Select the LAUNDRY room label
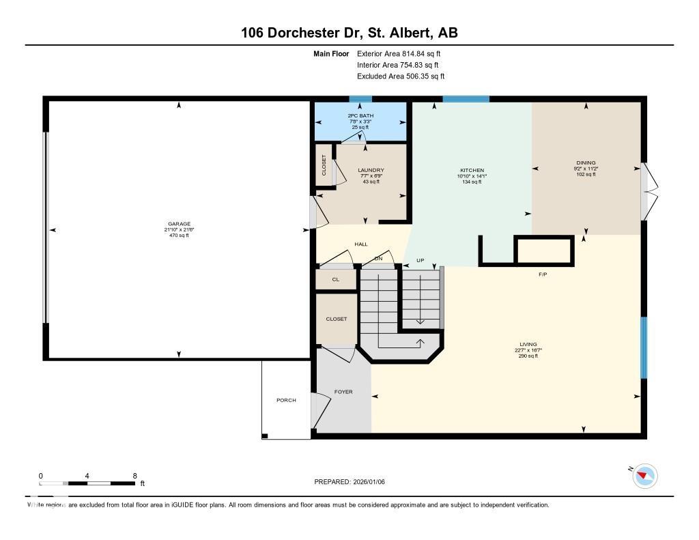click(371, 170)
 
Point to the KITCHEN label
click(472, 170)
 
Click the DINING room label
click(586, 162)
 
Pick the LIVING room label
click(528, 344)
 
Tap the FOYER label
click(343, 392)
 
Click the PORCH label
click(286, 400)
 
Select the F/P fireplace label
click(543, 274)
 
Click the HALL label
click(360, 244)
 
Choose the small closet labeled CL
click(335, 279)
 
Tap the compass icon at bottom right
click(644, 475)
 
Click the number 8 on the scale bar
click(134, 476)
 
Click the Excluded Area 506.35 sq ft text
click(401, 76)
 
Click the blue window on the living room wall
click(643, 347)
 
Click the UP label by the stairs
click(420, 261)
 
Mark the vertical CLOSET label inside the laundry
click(324, 165)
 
